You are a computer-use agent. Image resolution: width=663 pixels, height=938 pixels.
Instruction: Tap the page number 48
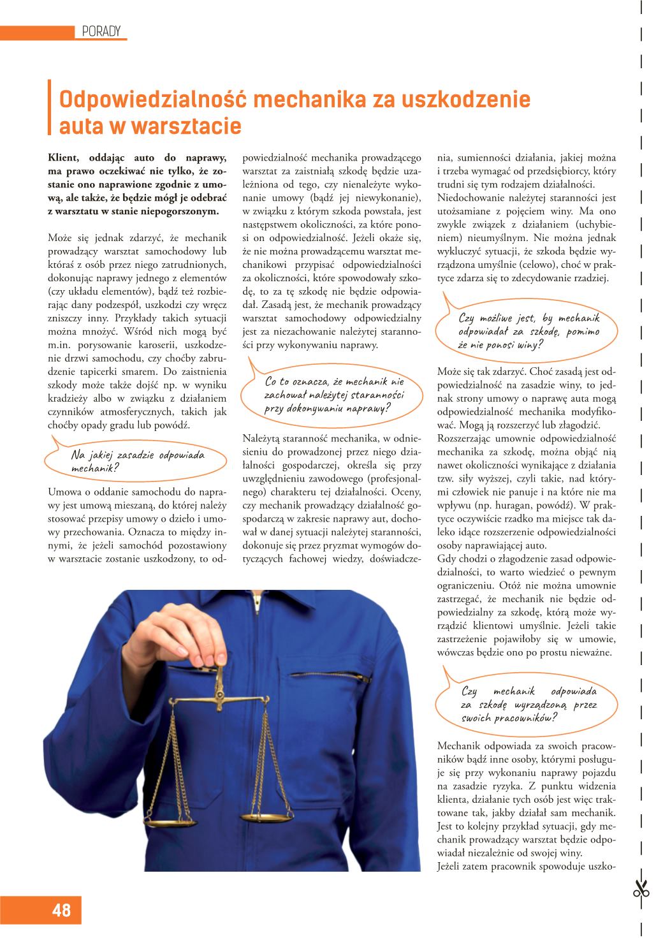(62, 911)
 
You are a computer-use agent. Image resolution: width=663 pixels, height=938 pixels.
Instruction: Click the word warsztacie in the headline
(187, 126)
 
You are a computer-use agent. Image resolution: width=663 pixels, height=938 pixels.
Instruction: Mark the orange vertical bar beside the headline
(50, 106)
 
